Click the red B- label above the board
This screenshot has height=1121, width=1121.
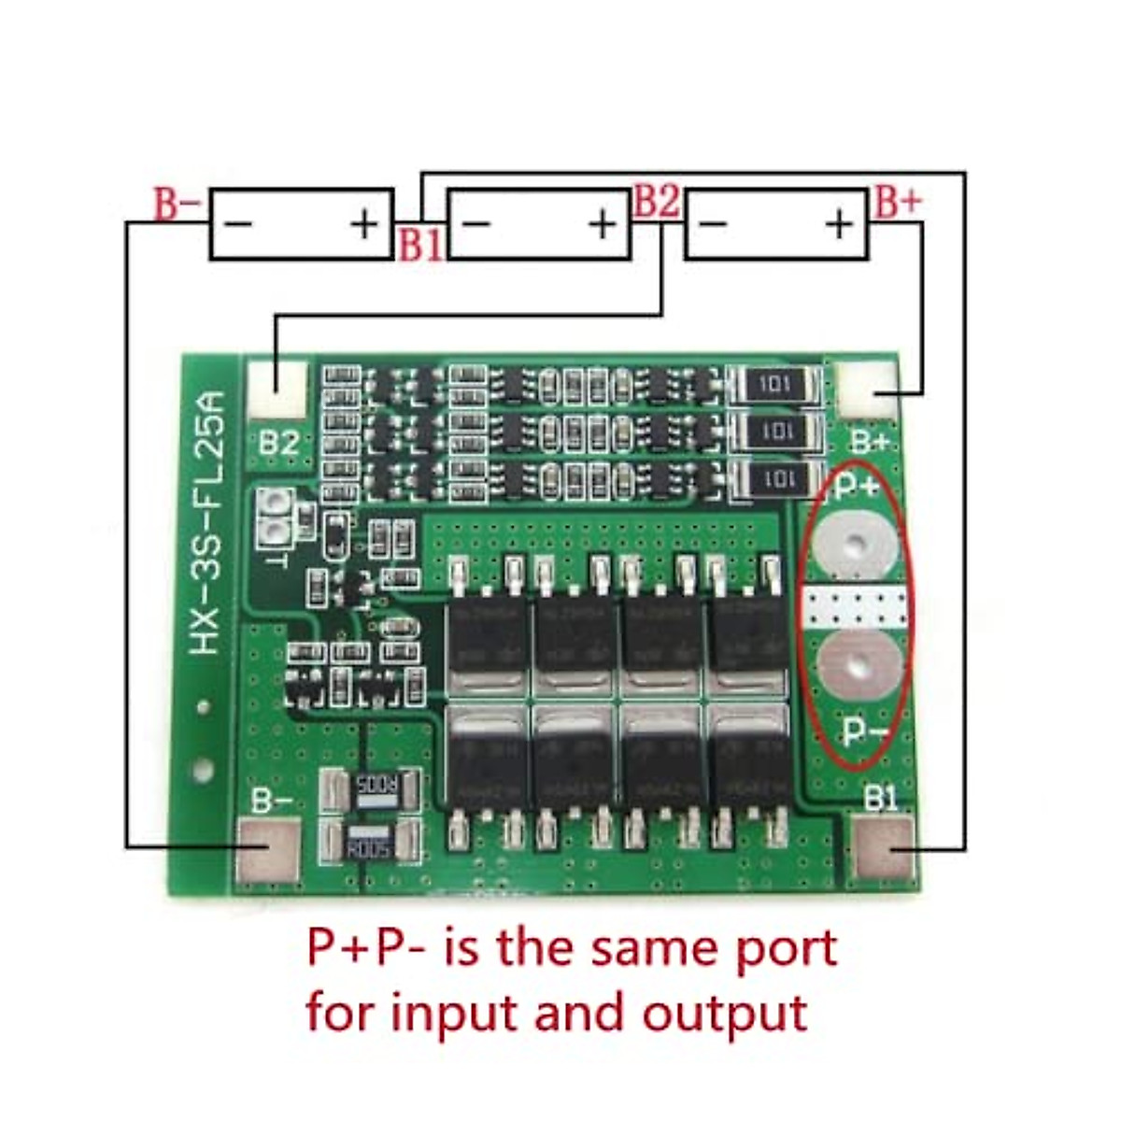(x=177, y=204)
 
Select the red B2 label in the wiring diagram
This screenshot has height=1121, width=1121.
(x=656, y=202)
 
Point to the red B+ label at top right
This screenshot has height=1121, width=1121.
(x=898, y=203)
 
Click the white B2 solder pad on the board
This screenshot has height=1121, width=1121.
(x=277, y=389)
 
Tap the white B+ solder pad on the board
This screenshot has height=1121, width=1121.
(x=868, y=390)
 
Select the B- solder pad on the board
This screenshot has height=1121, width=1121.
(x=271, y=850)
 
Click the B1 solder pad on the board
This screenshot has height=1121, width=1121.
(x=884, y=847)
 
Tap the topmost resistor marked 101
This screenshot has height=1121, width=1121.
(x=774, y=385)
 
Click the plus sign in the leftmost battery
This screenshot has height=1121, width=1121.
(x=364, y=223)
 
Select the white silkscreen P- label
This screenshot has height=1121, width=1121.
(x=864, y=731)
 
